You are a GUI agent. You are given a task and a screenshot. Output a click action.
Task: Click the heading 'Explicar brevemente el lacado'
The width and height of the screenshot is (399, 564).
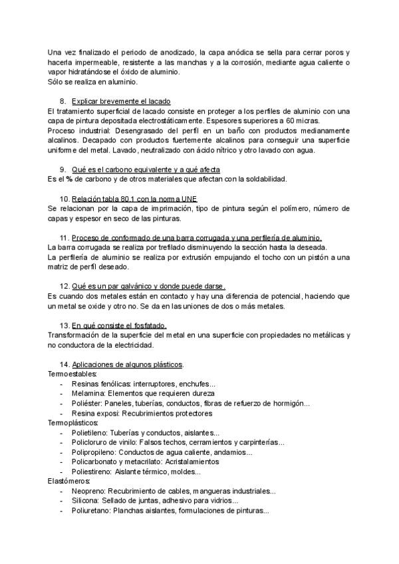coord(121,100)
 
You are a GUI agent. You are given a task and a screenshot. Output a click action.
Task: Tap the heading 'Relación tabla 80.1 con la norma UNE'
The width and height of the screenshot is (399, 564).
coord(134,199)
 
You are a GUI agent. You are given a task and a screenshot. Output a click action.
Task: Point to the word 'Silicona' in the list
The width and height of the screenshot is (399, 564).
coord(87,501)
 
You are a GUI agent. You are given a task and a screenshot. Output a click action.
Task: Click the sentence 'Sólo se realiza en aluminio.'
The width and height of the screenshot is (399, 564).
coord(92,82)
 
